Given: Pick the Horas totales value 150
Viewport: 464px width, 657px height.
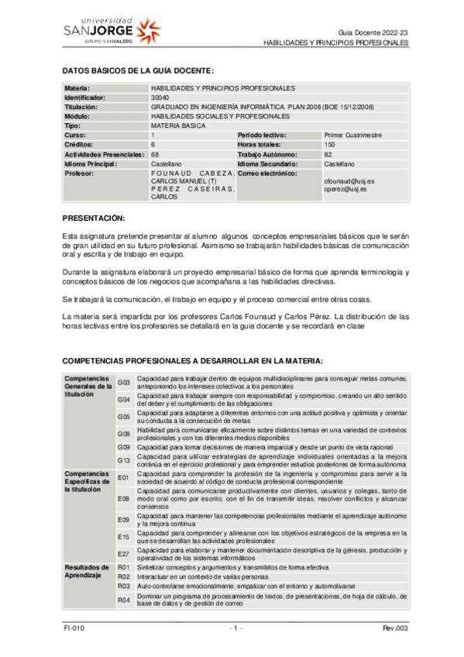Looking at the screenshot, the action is click(330, 145).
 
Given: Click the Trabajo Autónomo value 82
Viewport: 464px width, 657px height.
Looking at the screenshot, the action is click(328, 155).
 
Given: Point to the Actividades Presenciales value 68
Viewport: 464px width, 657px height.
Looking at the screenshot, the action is click(155, 155).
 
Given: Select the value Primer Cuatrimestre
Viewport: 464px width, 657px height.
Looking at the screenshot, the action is click(352, 135).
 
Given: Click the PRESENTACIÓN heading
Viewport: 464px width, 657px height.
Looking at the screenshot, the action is click(93, 218).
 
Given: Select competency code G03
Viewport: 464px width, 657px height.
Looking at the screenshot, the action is click(123, 382).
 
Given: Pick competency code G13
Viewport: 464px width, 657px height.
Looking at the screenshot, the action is click(123, 460).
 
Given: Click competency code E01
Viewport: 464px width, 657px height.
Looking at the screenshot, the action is click(123, 478).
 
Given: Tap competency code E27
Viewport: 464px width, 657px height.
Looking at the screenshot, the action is click(123, 553).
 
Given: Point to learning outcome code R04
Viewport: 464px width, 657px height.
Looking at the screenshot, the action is click(123, 600).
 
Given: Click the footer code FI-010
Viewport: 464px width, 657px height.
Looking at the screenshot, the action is click(75, 628).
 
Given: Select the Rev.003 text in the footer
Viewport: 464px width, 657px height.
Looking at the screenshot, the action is click(395, 628).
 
